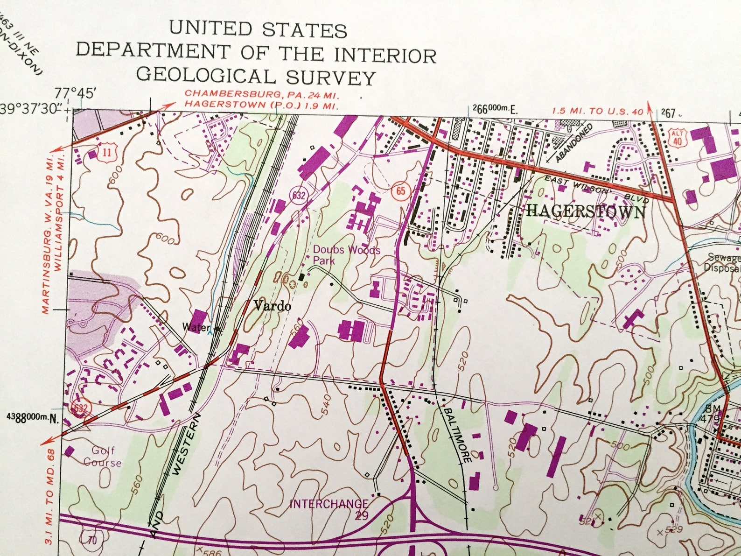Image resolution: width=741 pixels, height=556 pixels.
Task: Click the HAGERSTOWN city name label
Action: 586,211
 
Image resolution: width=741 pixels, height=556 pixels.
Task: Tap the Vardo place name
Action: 273,306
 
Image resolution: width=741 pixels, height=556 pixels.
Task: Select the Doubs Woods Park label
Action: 346,255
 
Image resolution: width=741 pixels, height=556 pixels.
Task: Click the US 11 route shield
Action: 107,152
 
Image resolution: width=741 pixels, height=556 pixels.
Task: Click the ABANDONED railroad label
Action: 573,142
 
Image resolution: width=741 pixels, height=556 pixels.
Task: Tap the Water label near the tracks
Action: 196,327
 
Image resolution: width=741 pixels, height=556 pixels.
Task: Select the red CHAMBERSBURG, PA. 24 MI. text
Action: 261,93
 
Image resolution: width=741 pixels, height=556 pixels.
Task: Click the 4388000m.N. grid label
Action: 33,417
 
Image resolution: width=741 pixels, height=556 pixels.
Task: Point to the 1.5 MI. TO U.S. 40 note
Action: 597,111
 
